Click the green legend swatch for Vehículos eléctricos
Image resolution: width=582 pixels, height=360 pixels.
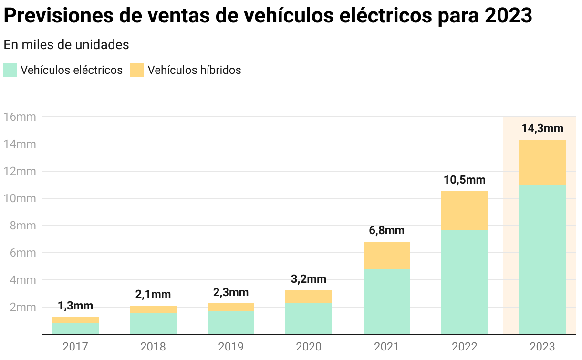(x=10, y=70)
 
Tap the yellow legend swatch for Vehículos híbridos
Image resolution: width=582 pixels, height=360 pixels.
(x=137, y=70)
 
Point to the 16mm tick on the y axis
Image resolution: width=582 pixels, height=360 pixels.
(x=20, y=117)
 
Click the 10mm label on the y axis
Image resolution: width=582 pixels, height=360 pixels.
(x=20, y=198)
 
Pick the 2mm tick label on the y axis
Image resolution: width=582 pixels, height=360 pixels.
(x=22, y=307)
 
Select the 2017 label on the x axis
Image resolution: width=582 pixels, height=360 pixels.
(x=75, y=347)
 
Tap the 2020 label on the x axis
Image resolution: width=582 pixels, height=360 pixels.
(x=309, y=347)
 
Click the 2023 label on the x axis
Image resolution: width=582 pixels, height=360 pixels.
(x=542, y=347)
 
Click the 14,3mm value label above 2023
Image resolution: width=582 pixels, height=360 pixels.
(x=542, y=129)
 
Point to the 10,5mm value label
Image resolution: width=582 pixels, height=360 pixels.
(x=465, y=180)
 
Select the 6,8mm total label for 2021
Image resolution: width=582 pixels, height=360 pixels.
(x=386, y=231)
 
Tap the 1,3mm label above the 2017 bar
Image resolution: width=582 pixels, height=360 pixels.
(x=75, y=306)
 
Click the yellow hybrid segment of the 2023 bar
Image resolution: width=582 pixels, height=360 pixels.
(x=542, y=162)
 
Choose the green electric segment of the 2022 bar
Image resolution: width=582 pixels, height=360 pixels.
(x=465, y=281)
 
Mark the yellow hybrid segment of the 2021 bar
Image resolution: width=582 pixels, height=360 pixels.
(x=386, y=255)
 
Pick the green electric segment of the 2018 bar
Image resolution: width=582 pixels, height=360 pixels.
(x=153, y=323)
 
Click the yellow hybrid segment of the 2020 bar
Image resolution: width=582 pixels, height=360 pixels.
(x=309, y=296)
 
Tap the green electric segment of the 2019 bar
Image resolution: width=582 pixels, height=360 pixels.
(x=231, y=322)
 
